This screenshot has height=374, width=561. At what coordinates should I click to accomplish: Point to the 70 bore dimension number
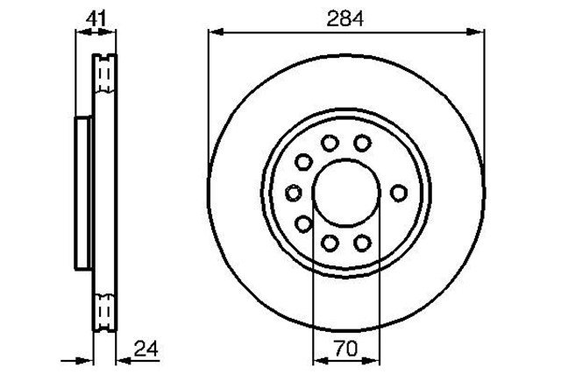click(x=345, y=349)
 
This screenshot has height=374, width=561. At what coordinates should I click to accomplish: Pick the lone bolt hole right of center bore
click(x=399, y=193)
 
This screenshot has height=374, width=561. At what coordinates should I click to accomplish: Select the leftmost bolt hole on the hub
click(x=294, y=193)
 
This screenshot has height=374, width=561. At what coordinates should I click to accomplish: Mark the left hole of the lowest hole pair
click(x=330, y=243)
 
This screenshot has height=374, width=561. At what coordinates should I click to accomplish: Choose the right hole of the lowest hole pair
click(x=361, y=243)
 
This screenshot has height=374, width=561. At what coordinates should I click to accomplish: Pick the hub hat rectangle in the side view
click(x=84, y=193)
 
